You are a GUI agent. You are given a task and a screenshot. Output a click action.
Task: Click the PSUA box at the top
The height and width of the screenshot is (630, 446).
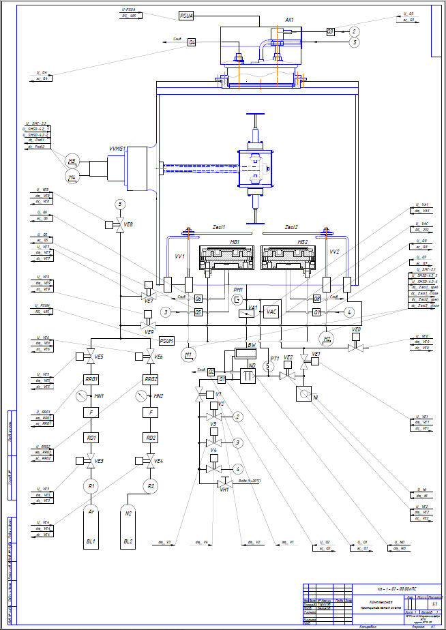pos(187,15)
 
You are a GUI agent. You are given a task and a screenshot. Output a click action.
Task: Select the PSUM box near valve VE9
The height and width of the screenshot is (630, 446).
pos(167,340)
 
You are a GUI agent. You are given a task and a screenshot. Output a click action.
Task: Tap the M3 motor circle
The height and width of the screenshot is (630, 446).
pos(73,162)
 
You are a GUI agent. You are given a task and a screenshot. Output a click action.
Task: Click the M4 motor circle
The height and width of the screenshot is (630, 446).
pos(73,178)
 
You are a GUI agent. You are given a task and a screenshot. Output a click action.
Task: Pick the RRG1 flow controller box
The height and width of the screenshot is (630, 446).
pos(92,379)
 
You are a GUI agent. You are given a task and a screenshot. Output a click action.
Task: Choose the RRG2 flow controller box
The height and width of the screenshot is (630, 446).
pos(151,379)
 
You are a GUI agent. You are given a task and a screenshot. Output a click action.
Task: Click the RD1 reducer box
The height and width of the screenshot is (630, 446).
pos(92,437)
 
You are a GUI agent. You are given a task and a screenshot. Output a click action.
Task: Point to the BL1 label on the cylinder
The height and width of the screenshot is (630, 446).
pos(91,541)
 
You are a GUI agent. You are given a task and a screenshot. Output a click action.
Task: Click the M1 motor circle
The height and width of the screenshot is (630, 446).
pos(188,355)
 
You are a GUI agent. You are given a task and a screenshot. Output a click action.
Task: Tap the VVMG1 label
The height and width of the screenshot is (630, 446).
pos(117,147)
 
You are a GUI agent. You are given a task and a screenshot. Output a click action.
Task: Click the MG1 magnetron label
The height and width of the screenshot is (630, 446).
pos(235,242)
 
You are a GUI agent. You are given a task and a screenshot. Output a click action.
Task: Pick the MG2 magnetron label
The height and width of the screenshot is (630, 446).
pos(302,242)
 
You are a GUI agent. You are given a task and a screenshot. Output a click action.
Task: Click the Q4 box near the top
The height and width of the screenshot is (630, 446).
pos(192,42)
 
